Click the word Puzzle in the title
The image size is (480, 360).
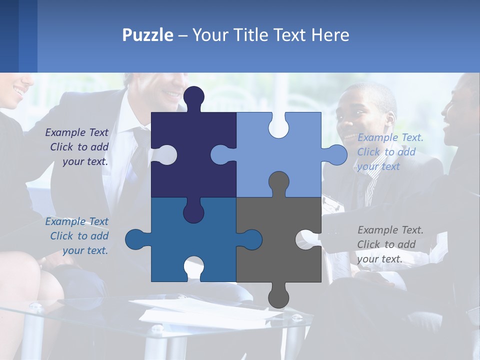[148, 35]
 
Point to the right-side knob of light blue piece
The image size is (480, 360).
[335, 154]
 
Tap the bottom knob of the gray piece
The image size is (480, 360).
[278, 296]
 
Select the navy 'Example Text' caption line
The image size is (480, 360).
[76, 132]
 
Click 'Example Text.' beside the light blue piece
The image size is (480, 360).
[390, 137]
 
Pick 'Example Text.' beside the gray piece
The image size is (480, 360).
[390, 230]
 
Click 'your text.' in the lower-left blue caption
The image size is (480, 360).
[85, 250]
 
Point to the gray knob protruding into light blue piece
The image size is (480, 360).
[278, 183]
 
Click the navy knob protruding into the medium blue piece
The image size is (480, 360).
[193, 211]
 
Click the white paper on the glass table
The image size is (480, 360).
[210, 312]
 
